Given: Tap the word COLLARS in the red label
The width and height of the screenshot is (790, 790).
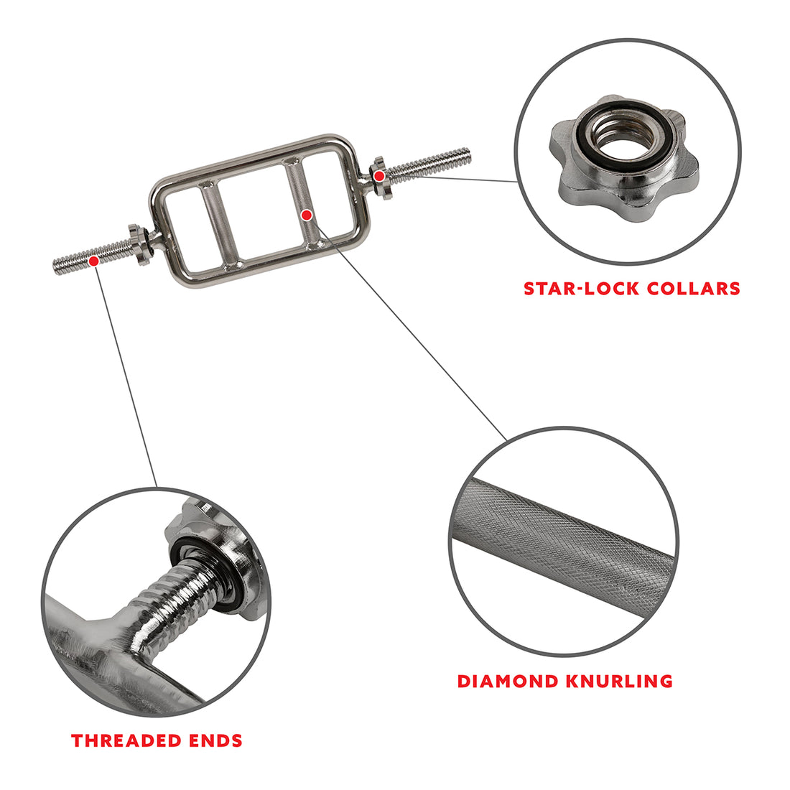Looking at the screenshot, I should pyautogui.click(x=693, y=289).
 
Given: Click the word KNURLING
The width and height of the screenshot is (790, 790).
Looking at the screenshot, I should pyautogui.click(x=625, y=681).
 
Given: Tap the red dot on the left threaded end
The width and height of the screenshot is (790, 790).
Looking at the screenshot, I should pyautogui.click(x=93, y=261).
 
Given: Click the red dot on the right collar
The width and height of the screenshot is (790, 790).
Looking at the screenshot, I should pyautogui.click(x=378, y=175).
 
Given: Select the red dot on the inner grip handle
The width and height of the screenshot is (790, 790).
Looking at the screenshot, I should pyautogui.click(x=307, y=214).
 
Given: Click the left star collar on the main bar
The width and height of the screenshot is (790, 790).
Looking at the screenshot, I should pyautogui.click(x=139, y=244).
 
